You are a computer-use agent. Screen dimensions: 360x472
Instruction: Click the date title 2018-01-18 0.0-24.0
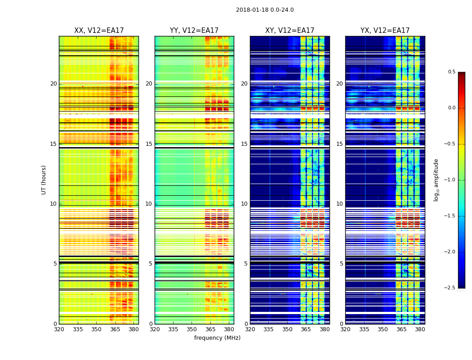pos(265,10)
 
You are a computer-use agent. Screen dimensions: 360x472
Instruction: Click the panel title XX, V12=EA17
pos(99,31)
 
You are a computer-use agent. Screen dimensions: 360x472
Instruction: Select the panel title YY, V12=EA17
pos(194,31)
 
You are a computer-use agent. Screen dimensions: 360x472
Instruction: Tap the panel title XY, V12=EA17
pos(289,31)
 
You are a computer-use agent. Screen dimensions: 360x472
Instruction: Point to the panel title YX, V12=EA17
pos(385,31)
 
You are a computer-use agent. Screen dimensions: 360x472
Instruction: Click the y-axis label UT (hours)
pos(44,180)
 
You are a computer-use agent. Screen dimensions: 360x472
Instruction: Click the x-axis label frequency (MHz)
pos(217,338)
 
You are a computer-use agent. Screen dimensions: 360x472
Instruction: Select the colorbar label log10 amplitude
pos(436,180)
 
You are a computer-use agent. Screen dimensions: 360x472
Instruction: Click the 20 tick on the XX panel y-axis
pos(53,84)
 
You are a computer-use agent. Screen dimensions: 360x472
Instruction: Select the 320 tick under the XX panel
pos(59,329)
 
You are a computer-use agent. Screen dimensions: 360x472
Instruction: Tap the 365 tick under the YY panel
pos(211,329)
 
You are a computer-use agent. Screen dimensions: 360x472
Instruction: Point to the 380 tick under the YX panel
pos(420,329)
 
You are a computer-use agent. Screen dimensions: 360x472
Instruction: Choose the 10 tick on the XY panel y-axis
pos(244,204)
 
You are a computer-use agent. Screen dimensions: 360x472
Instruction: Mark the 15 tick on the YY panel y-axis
pos(149,144)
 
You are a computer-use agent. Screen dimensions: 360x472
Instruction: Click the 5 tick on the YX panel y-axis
pos(341,264)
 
